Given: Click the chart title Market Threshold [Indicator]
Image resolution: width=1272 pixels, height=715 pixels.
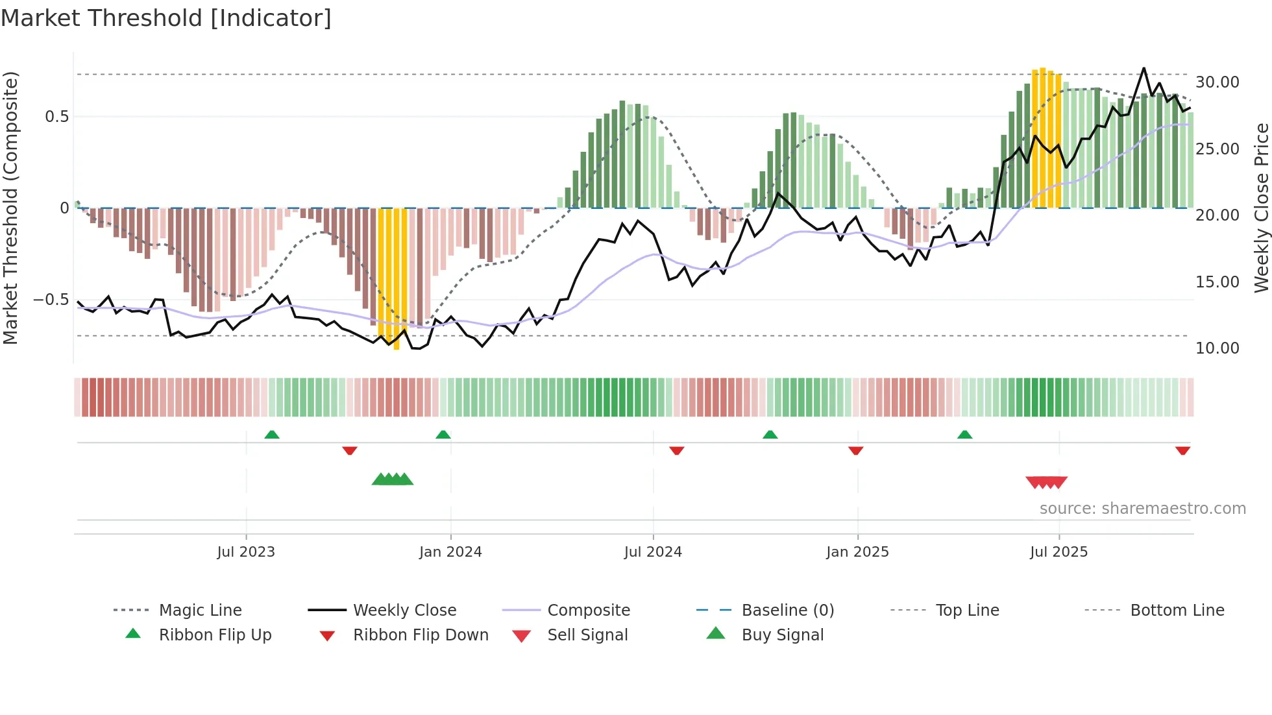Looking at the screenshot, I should pyautogui.click(x=166, y=18).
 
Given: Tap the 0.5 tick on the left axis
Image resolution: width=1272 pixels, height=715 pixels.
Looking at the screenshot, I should pyautogui.click(x=56, y=117).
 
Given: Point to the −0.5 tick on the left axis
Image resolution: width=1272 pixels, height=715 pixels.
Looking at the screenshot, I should pyautogui.click(x=51, y=300).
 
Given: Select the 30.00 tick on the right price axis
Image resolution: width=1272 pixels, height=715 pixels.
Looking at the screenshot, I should pyautogui.click(x=1217, y=82).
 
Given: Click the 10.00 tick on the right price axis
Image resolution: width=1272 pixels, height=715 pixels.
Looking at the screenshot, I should pyautogui.click(x=1217, y=348).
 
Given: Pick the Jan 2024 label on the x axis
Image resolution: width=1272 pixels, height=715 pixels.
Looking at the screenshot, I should pyautogui.click(x=450, y=552).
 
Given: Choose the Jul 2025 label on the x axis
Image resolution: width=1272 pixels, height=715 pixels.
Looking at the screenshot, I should pyautogui.click(x=1058, y=552).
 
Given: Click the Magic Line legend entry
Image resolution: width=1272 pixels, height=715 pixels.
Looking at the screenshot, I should pyautogui.click(x=200, y=611).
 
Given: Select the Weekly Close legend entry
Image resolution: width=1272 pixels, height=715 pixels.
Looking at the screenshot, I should pyautogui.click(x=404, y=611).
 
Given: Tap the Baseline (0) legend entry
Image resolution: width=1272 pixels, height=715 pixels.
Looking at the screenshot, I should pyautogui.click(x=787, y=611).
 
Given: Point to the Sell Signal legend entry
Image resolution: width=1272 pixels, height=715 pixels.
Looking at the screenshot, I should pyautogui.click(x=587, y=635).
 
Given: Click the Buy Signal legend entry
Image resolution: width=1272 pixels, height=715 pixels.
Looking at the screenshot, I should pyautogui.click(x=782, y=635).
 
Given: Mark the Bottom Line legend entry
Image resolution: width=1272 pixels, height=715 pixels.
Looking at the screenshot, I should pyautogui.click(x=1177, y=611).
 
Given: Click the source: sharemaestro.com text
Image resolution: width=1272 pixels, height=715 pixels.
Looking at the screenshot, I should pyautogui.click(x=1142, y=509).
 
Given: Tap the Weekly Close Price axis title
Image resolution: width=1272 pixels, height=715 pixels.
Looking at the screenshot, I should pyautogui.click(x=1261, y=208).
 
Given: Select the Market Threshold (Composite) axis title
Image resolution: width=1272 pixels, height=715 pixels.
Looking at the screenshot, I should pyautogui.click(x=10, y=208).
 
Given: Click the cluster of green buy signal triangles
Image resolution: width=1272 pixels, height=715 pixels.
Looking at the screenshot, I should pyautogui.click(x=393, y=479).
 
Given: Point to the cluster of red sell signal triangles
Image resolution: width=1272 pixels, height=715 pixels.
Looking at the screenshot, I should pyautogui.click(x=1046, y=482).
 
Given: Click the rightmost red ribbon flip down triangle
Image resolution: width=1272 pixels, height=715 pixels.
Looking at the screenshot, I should pyautogui.click(x=1182, y=450).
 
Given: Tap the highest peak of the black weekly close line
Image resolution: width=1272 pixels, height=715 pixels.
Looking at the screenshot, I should pyautogui.click(x=1144, y=69).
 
